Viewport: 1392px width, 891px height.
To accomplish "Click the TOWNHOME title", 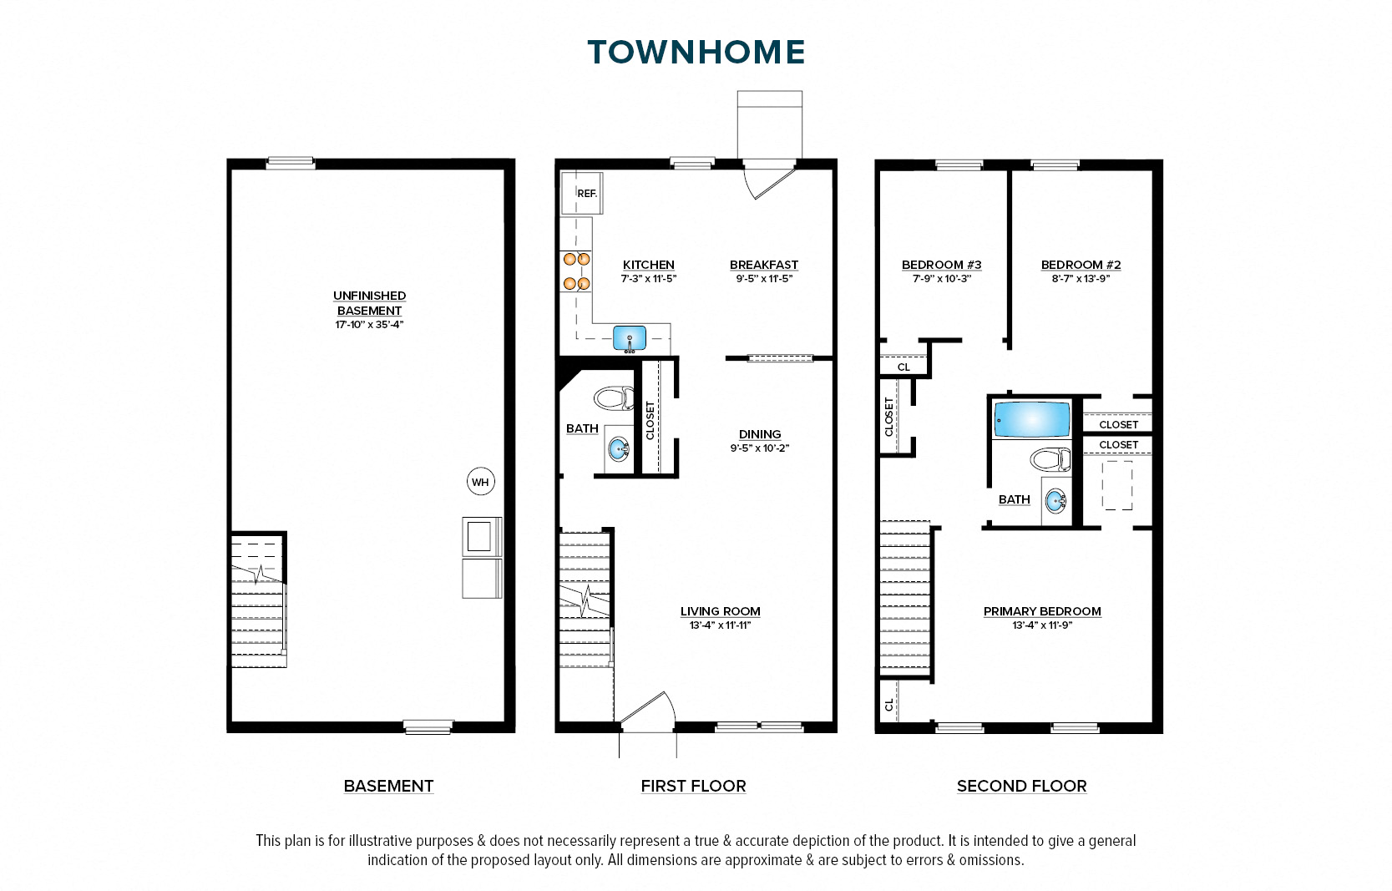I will click(696, 52).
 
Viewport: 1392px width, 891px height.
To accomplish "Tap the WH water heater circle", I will click(480, 482).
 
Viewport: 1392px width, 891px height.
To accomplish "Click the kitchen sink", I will click(630, 338).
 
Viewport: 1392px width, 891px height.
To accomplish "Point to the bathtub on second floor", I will click(1032, 420).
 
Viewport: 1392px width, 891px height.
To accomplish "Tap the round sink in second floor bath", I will click(1055, 502).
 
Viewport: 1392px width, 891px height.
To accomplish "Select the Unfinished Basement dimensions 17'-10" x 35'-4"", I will click(369, 325).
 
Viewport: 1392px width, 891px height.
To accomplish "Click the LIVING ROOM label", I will click(720, 611).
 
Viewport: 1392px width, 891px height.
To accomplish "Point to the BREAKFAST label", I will click(764, 265).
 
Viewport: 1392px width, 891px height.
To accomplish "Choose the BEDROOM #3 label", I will click(941, 265).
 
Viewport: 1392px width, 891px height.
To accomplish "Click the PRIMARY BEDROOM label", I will click(1042, 611).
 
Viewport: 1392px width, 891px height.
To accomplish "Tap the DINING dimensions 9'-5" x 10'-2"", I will click(759, 448).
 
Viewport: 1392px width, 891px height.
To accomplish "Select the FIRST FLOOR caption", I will click(693, 786).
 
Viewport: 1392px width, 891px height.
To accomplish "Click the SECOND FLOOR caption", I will click(1021, 786).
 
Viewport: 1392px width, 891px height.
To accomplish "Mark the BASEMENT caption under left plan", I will click(388, 786).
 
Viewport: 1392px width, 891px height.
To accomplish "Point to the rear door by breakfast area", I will click(769, 180).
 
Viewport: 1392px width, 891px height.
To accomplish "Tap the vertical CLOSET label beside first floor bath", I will click(650, 420).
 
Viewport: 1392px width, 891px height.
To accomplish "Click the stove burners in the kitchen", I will click(576, 271).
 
